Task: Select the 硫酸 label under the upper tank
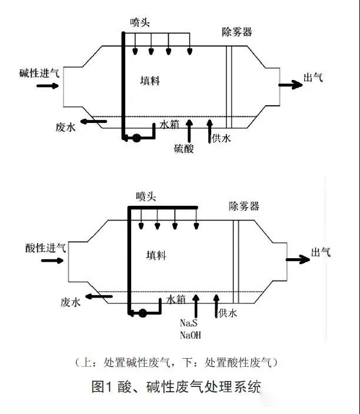tap(184, 149)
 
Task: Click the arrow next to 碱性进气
tap(48, 86)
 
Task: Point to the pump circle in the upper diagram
tap(136, 139)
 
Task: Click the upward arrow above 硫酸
tap(189, 129)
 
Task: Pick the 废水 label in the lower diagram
tap(70, 302)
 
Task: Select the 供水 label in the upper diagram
tap(221, 139)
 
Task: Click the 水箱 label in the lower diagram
tap(176, 299)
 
